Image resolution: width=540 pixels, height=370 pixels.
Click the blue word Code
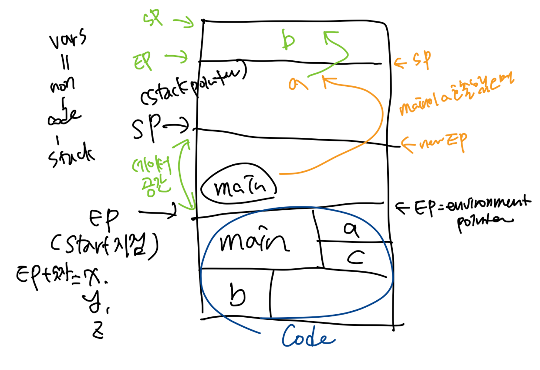point(308,337)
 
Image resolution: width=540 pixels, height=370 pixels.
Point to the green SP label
point(153,18)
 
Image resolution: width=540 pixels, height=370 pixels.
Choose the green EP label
point(142,61)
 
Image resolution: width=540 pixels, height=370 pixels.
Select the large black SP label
point(146,127)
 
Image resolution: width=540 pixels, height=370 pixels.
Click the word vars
point(67,39)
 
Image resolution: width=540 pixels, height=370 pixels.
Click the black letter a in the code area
point(351,230)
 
